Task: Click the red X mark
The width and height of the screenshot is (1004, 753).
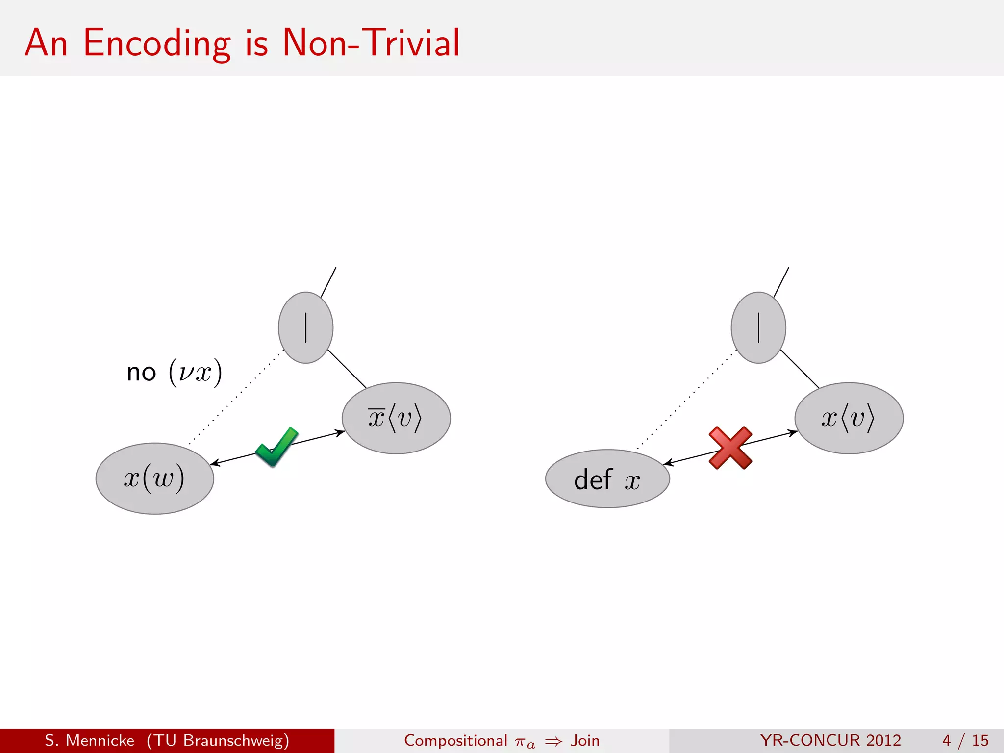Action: click(x=730, y=448)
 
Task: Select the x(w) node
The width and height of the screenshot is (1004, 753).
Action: click(x=154, y=478)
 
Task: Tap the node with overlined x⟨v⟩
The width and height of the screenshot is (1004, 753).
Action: click(x=396, y=418)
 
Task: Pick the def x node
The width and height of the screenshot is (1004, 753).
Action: click(x=607, y=479)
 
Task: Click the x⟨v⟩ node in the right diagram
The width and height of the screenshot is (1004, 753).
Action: click(x=849, y=418)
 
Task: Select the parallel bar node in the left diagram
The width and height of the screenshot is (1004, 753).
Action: click(x=305, y=327)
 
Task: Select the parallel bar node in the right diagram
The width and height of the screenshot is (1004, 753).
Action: click(x=758, y=327)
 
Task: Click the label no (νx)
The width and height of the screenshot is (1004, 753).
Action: click(x=174, y=373)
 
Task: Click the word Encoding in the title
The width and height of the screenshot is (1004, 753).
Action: click(x=157, y=43)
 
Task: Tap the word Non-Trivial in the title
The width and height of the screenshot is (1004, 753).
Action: click(x=371, y=43)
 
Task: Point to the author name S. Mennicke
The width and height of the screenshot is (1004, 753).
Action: click(x=89, y=740)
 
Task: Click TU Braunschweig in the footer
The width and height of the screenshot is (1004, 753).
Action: click(x=218, y=740)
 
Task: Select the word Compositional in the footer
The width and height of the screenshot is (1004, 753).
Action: click(x=455, y=740)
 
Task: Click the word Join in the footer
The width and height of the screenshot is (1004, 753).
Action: click(x=585, y=740)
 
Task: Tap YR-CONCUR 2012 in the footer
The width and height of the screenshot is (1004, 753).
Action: click(x=830, y=740)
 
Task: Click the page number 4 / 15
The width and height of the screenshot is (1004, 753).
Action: click(x=965, y=740)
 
